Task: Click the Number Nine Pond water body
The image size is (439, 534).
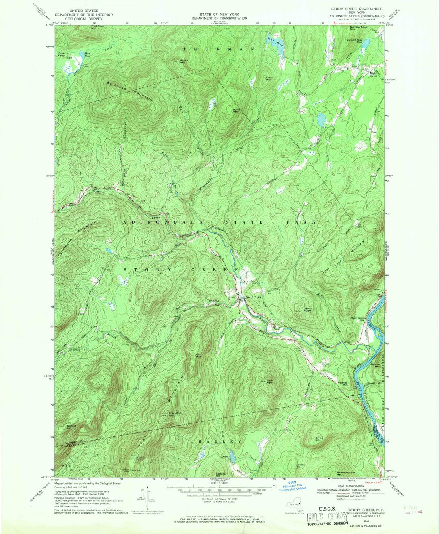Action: pos(365,43)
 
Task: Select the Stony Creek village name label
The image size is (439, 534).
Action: pos(253,297)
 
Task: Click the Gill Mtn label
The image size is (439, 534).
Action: pos(199,356)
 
